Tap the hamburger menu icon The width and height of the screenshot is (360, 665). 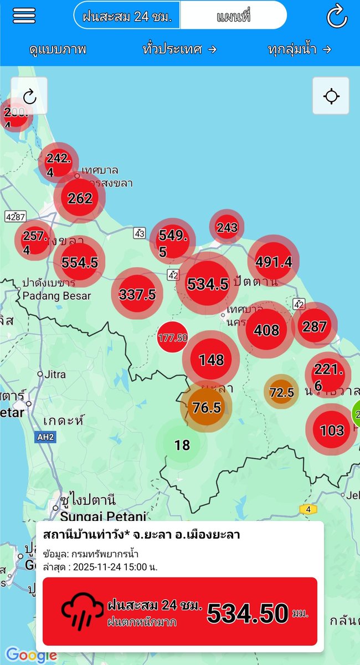pyautogui.click(x=24, y=15)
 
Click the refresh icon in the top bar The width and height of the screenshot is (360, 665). pyautogui.click(x=337, y=16)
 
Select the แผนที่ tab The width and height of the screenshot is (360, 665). pyautogui.click(x=233, y=17)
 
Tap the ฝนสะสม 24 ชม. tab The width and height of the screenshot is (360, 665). pyautogui.click(x=127, y=17)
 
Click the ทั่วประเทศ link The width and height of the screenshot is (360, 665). pyautogui.click(x=179, y=49)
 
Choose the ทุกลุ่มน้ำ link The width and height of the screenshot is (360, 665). pyautogui.click(x=299, y=49)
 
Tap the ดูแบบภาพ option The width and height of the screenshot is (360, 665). pyautogui.click(x=58, y=49)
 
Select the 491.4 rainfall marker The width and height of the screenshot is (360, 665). pyautogui.click(x=274, y=261)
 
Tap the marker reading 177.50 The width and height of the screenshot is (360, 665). pyautogui.click(x=172, y=337)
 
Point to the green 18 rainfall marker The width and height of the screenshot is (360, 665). pyautogui.click(x=182, y=444)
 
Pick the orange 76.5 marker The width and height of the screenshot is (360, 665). pyautogui.click(x=207, y=408)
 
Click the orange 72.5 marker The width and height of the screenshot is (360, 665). pyautogui.click(x=281, y=392)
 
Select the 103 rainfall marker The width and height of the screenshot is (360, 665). pyautogui.click(x=332, y=429)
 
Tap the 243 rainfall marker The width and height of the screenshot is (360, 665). pyautogui.click(x=227, y=227)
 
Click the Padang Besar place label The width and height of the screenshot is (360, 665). pyautogui.click(x=56, y=295)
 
